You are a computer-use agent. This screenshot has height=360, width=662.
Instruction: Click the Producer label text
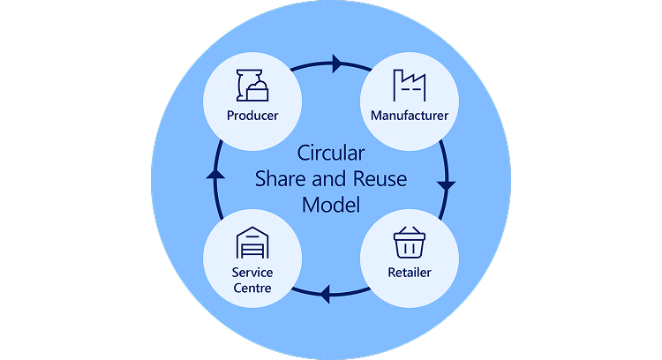point(252,116)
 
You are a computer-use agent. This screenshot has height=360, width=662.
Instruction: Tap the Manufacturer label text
point(410,116)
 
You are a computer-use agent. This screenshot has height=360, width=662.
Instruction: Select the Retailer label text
point(410,272)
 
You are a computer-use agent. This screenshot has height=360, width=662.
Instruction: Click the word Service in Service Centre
point(252,273)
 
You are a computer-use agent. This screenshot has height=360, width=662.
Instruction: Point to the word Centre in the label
point(252,288)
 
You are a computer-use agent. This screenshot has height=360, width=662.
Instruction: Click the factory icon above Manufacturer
point(410,86)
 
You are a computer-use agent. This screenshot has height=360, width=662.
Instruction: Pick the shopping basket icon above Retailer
point(410,241)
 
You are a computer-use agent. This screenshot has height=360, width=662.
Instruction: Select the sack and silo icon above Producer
point(252,85)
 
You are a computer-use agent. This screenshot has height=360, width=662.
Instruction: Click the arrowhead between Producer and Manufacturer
point(337,64)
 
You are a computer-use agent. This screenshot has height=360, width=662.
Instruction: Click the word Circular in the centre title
point(331,153)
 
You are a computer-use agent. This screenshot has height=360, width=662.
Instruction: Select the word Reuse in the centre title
point(380,178)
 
